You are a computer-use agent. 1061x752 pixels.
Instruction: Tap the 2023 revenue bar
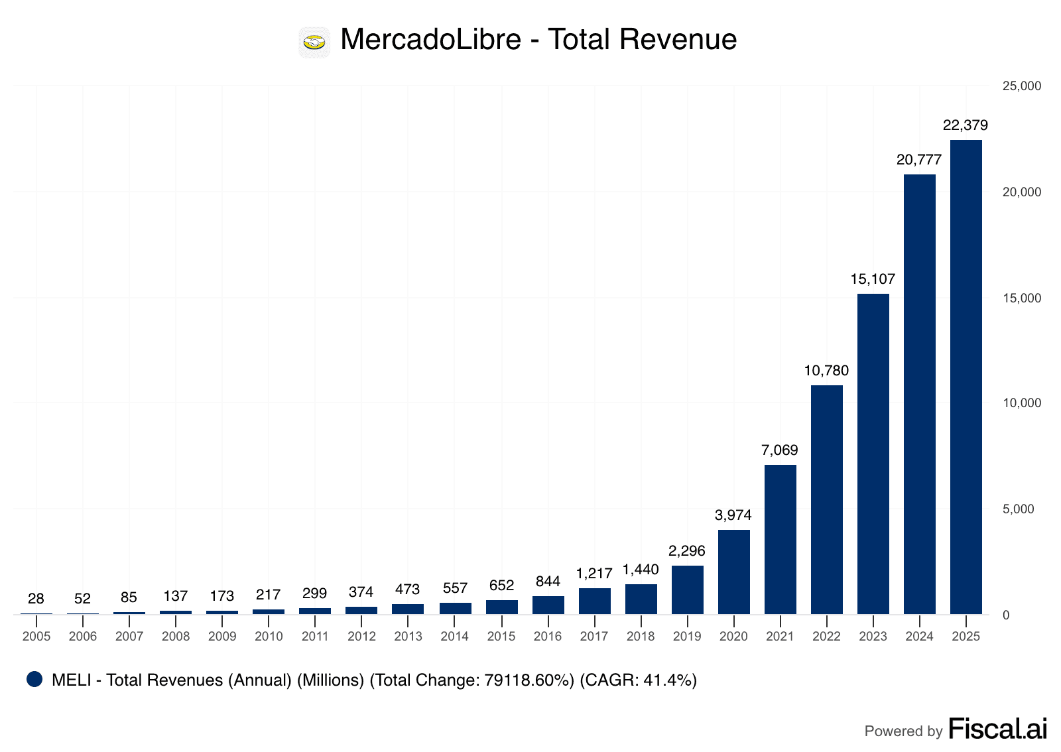(873, 454)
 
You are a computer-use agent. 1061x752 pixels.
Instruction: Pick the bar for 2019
(687, 590)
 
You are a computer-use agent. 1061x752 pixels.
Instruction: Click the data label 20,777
(919, 160)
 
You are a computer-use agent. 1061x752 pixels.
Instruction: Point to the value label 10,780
(826, 371)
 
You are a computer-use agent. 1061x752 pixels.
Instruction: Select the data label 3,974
(733, 515)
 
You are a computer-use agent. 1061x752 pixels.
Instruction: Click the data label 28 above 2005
(36, 599)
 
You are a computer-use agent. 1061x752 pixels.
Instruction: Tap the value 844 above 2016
(548, 582)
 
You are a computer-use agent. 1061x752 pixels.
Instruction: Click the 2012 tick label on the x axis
(361, 637)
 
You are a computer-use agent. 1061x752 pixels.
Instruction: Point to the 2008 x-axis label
(176, 637)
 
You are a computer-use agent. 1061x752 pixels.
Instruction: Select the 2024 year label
(919, 637)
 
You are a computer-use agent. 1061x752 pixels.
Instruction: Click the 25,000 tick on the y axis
(1022, 86)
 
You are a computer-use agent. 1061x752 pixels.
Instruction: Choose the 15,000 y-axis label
(1022, 298)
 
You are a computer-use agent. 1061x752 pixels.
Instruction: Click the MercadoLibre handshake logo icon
(314, 42)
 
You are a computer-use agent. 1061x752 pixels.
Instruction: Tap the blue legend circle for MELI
(34, 679)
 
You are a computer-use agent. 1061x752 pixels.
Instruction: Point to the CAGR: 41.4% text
(638, 680)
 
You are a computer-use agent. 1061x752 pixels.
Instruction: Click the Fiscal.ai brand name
(997, 729)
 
